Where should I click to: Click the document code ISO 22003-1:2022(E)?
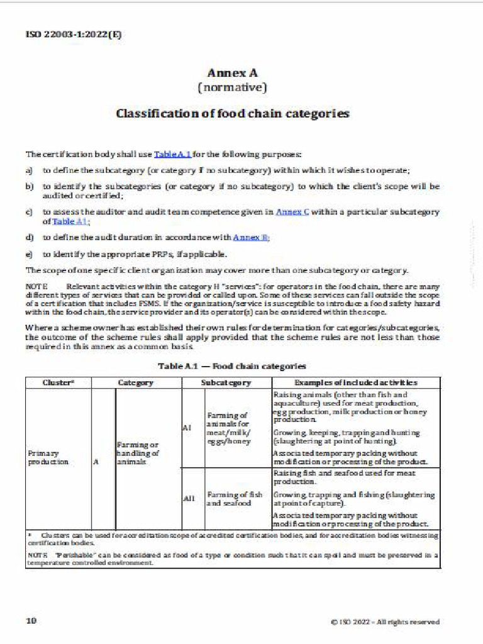coord(74,35)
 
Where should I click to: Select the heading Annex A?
coord(232,73)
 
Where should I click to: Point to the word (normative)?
coord(232,87)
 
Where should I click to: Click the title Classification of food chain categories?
coord(232,114)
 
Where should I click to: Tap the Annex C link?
coord(292,212)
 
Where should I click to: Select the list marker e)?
coord(29,254)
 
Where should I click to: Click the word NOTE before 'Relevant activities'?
coord(36,287)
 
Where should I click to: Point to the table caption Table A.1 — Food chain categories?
coord(232,365)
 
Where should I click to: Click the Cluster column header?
coord(58,382)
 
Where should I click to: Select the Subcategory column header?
coord(226,382)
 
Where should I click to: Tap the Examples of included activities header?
coord(355,382)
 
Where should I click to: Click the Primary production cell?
coord(47,457)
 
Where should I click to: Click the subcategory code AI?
coord(187,428)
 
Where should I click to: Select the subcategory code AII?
coord(189,499)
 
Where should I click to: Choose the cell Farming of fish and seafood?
coord(235,499)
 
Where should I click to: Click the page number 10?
coord(31,621)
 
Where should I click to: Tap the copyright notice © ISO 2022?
coord(385,622)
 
